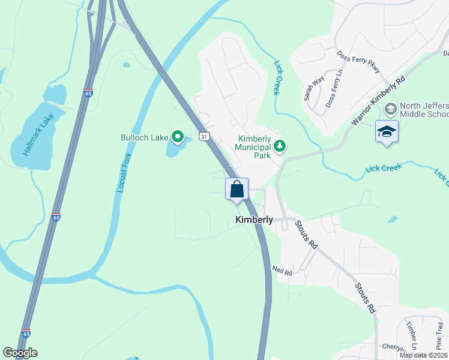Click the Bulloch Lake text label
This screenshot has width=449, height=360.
pos(145,137)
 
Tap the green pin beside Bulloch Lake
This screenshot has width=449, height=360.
pos(178,137)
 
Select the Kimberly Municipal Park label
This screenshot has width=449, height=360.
pos(253,146)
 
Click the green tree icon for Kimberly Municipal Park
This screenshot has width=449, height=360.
pos(279,146)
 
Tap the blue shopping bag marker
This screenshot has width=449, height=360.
pos(237,189)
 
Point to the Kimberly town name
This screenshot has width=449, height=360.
pos(254,220)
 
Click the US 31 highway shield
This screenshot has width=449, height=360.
pos(205,137)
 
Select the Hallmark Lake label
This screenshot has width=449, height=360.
pos(35,135)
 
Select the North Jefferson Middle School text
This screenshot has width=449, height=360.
pos(424,109)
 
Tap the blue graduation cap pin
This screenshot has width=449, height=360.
pos(387,133)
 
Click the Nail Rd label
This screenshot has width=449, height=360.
pos(282,272)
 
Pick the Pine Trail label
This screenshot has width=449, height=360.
pos(440,335)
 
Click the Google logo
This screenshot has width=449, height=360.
pos(20,353)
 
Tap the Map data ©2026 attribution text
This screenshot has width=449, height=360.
pos(423,355)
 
